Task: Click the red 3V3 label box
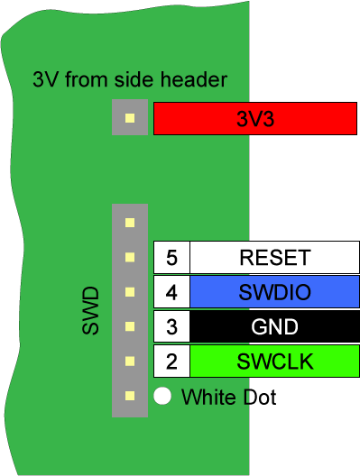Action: pos(256,118)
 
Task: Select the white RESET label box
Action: pos(274,258)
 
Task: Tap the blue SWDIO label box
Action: pos(274,292)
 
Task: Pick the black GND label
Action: pos(274,326)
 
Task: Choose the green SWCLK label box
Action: pos(274,362)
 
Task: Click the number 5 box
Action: pos(171,258)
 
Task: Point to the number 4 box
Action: pos(171,292)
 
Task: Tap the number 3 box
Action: pos(171,326)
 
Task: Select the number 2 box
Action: pos(171,362)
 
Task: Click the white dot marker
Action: pos(162,395)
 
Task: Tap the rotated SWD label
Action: pos(90,312)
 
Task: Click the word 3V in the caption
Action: pos(45,79)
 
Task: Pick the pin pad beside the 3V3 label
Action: pos(130,118)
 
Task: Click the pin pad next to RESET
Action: pos(130,257)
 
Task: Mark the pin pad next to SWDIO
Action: pos(130,291)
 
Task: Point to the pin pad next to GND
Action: pos(130,326)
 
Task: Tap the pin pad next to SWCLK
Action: pos(130,361)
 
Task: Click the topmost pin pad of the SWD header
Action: pos(130,222)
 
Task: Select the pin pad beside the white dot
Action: pos(130,395)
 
